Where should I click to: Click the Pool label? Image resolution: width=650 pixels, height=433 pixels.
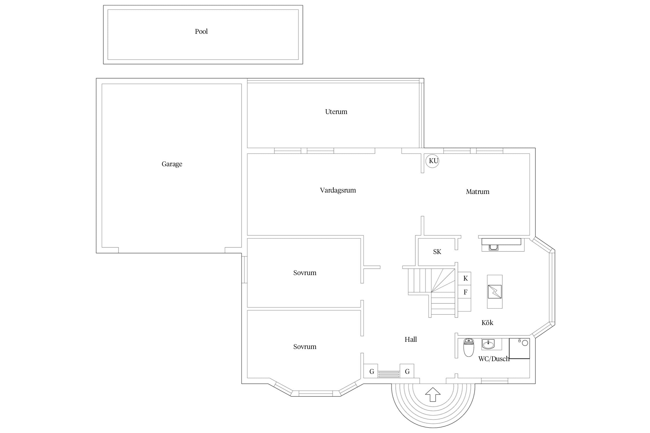click(201, 31)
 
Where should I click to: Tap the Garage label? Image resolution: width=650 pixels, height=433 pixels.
click(172, 164)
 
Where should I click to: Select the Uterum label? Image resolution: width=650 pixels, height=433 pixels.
click(336, 112)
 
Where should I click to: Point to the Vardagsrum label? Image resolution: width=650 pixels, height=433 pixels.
click(338, 190)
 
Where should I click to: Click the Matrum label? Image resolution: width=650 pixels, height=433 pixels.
click(478, 192)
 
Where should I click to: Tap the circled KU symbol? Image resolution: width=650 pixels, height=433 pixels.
click(432, 161)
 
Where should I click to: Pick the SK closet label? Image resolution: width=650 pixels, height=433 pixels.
click(437, 252)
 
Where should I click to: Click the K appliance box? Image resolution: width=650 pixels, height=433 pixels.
click(465, 279)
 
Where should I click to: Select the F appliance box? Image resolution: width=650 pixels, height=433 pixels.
click(465, 292)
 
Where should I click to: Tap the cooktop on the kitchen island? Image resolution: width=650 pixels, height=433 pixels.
click(495, 292)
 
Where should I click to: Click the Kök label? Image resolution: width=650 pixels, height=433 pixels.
click(487, 323)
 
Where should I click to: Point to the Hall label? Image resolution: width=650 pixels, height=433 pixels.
click(411, 339)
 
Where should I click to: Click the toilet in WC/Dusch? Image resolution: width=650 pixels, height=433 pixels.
click(468, 348)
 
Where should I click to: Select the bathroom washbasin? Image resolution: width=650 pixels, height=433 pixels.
click(488, 344)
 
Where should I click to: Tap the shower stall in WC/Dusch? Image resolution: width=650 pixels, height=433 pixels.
click(519, 348)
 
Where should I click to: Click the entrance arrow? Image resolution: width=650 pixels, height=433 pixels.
click(433, 394)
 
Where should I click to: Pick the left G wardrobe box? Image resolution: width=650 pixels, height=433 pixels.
click(371, 371)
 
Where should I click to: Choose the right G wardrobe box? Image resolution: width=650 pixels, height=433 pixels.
click(407, 371)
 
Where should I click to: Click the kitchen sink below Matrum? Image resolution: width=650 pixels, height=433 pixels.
click(493, 247)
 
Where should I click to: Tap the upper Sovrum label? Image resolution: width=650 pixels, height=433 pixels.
click(305, 273)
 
